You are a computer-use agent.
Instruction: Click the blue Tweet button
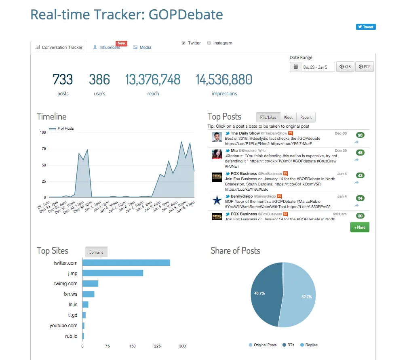click(x=366, y=27)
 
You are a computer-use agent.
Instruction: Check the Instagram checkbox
click(x=209, y=43)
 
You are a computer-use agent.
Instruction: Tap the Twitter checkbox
click(x=183, y=43)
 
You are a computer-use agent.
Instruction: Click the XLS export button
click(x=345, y=67)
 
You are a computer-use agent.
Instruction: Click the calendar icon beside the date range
click(x=296, y=67)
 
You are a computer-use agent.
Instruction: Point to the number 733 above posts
click(x=63, y=80)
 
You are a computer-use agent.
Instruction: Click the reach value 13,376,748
click(x=153, y=80)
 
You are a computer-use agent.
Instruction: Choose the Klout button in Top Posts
click(x=288, y=117)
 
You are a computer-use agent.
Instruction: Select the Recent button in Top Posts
click(x=306, y=117)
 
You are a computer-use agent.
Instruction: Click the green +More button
click(x=360, y=227)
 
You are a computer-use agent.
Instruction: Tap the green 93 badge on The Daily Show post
click(x=360, y=135)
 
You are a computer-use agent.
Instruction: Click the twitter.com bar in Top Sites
click(x=126, y=263)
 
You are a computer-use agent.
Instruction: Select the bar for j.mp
click(x=113, y=273)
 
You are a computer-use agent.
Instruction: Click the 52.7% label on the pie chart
click(x=307, y=297)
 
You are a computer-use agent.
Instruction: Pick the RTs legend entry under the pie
click(x=289, y=345)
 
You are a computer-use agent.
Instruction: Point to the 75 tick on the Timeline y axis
click(x=43, y=149)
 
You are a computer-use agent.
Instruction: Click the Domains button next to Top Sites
click(x=96, y=252)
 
